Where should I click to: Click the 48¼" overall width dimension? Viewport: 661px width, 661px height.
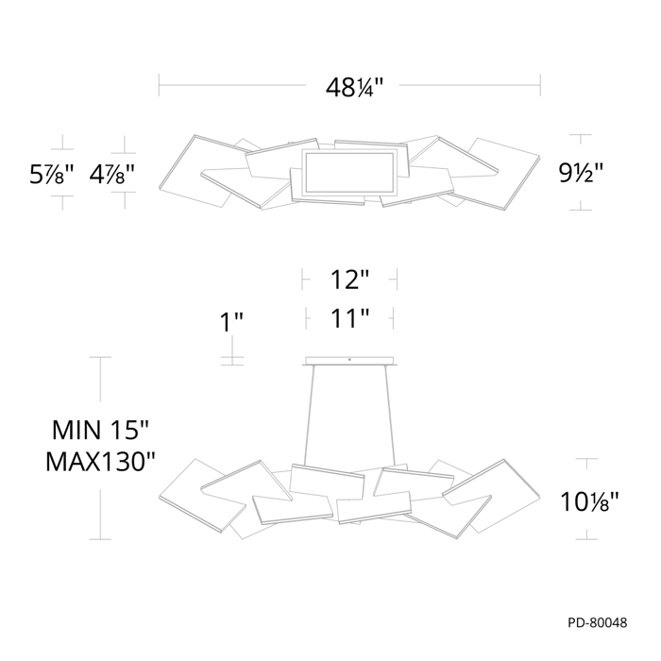pos(354,88)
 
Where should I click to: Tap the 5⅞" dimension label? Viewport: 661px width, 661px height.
pos(51,174)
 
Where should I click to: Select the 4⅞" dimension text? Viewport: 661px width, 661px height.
pos(111,174)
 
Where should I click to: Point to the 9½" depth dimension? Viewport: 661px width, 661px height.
pos(581,173)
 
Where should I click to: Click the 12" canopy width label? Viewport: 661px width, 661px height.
pos(349,280)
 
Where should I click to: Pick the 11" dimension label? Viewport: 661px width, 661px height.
pos(349,318)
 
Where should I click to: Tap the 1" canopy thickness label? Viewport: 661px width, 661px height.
pos(231,322)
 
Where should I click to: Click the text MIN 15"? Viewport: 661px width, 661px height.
pos(100,430)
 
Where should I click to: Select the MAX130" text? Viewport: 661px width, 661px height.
pos(100,462)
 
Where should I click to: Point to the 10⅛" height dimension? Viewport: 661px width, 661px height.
pos(589,501)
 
